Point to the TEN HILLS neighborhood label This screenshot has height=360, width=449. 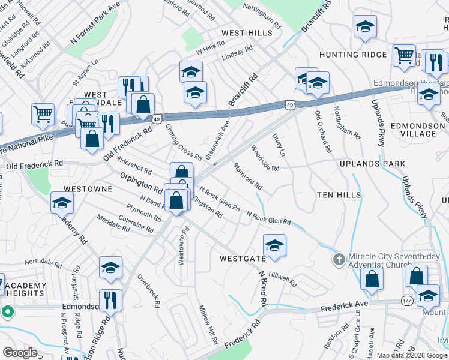339,195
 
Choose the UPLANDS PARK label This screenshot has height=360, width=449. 372,164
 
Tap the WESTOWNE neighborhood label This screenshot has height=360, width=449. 88,188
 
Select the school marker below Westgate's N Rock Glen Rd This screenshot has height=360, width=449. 274,245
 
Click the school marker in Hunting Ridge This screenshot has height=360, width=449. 364,26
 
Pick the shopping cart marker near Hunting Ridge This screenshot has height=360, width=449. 404,56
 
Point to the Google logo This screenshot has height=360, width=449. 20,353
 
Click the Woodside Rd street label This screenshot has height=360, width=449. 265,159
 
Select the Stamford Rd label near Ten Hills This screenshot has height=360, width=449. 247,175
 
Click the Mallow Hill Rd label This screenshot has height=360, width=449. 208,324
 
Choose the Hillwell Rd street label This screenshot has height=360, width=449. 283,278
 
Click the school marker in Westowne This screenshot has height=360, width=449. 62,203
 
